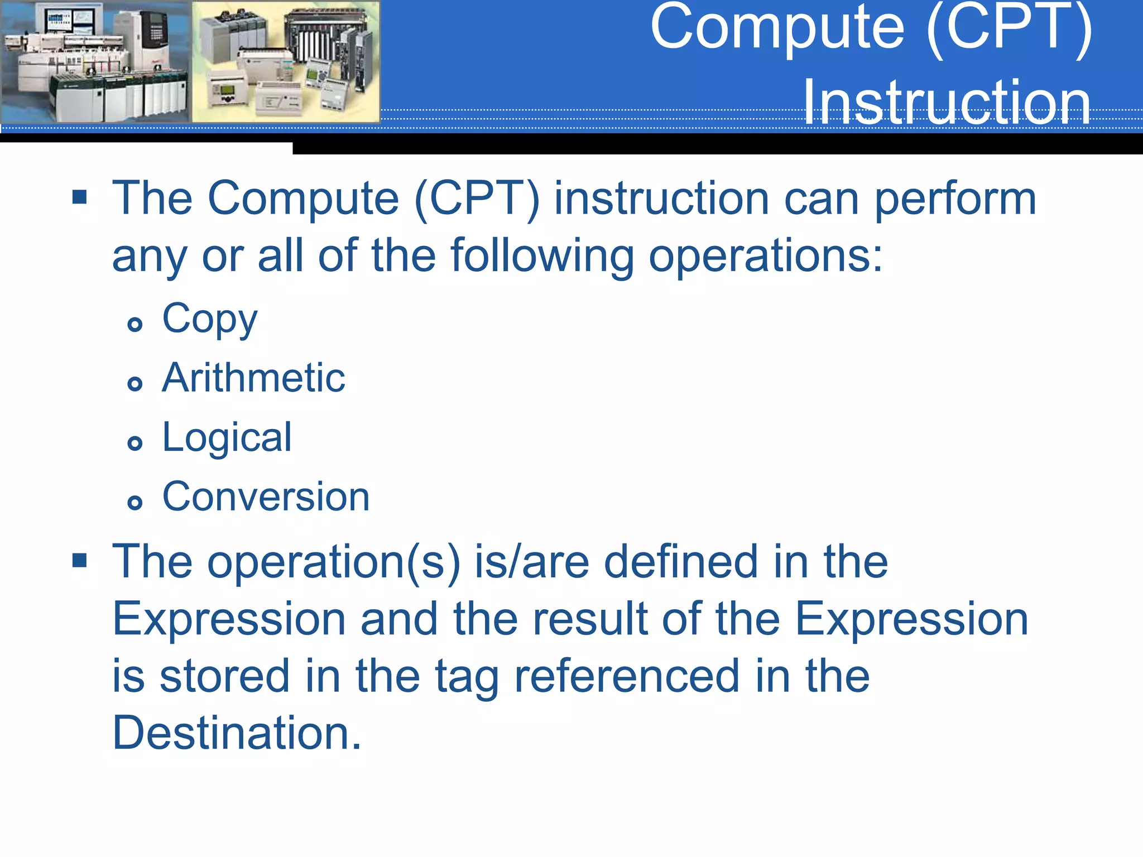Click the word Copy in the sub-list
[x=209, y=320]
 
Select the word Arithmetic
[x=253, y=378]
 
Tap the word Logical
[x=227, y=438]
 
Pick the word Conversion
[x=266, y=497]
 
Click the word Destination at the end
[x=237, y=733]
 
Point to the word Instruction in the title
[x=947, y=103]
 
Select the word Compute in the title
[x=777, y=28]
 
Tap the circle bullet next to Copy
[x=135, y=324]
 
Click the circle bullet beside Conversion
[x=135, y=503]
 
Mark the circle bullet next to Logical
[x=135, y=444]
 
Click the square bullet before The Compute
[x=80, y=197]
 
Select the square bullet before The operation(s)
[x=80, y=560]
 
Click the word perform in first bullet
[x=955, y=200]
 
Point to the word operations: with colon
[x=766, y=257]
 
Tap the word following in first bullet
[x=542, y=257]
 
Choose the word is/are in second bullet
[x=531, y=562]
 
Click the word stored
[x=224, y=676]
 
